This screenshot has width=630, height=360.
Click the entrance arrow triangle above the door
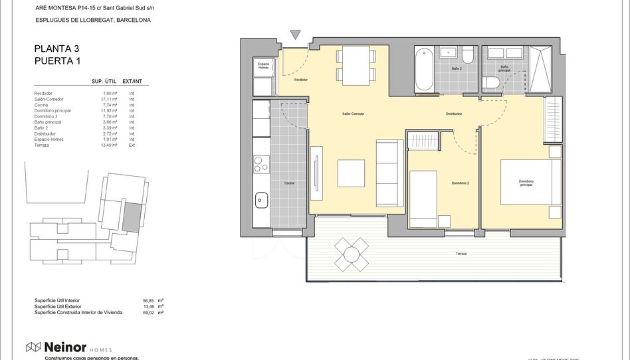click(296, 35)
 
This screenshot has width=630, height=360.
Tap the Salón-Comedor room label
click(354, 114)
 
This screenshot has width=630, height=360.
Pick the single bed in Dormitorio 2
click(429, 199)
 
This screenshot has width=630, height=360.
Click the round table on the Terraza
click(352, 254)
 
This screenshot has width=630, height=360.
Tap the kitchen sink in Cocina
click(262, 198)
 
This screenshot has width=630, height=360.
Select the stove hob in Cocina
click(262, 163)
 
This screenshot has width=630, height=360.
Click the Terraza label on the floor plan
click(461, 254)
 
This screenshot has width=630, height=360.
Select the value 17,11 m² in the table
click(110, 99)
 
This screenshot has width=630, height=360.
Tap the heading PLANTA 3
click(56, 48)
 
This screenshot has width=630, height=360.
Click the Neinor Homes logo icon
click(33, 347)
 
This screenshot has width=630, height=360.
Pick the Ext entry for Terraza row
click(132, 145)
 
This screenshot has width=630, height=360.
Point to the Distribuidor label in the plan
click(454, 114)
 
